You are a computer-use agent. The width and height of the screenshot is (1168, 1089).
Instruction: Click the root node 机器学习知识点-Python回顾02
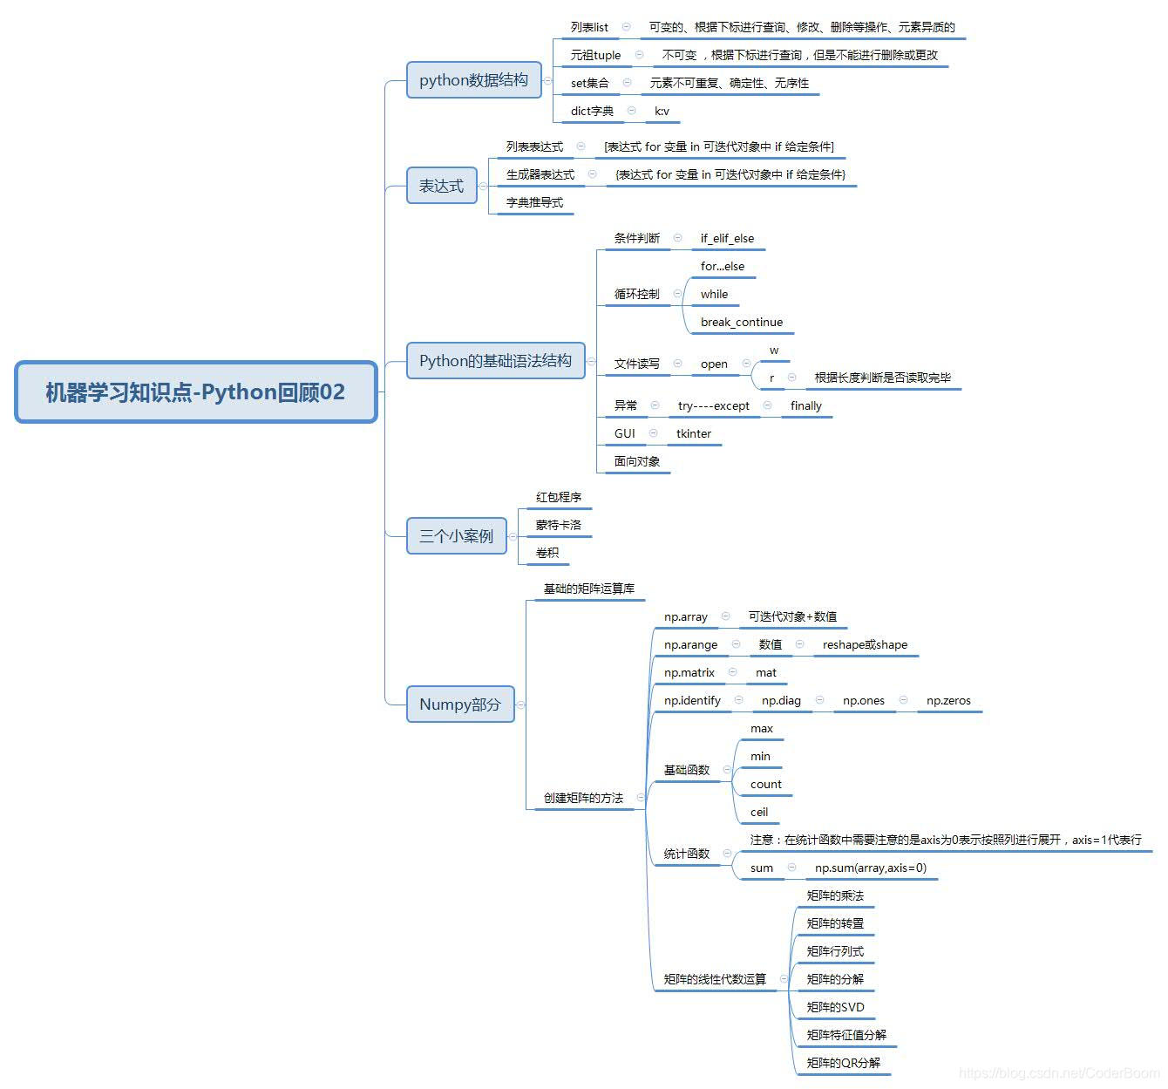tap(196, 392)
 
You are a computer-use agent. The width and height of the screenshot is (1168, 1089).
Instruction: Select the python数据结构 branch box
tap(473, 80)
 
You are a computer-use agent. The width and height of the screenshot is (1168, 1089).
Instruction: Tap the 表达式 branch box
tap(442, 186)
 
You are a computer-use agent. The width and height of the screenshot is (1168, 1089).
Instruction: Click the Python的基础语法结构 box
tap(495, 361)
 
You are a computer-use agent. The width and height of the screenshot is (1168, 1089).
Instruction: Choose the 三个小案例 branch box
tap(456, 535)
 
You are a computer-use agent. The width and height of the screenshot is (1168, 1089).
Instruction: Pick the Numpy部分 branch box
tap(460, 704)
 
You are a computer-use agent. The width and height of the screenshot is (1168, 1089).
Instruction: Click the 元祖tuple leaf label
tap(596, 55)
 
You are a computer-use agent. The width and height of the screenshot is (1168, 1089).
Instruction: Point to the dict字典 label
tap(592, 111)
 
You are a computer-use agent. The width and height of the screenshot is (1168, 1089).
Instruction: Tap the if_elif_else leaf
tap(727, 238)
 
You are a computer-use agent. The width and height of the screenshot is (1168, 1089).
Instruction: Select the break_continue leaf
tap(742, 322)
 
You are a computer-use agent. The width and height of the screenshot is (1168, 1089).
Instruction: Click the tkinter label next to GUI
tap(694, 433)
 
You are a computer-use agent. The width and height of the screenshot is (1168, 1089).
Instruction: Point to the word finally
tap(806, 405)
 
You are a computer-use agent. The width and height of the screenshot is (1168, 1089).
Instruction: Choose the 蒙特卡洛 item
tap(559, 525)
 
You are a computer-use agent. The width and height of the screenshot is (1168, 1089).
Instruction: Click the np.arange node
tap(691, 644)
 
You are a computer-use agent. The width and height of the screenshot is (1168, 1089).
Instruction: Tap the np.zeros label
tap(948, 700)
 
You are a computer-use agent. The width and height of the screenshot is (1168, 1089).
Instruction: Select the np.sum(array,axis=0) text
tap(871, 868)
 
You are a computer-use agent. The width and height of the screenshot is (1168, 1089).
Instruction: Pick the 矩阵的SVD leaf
tap(836, 1007)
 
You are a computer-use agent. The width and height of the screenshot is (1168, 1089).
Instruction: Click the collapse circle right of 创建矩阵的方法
tap(641, 798)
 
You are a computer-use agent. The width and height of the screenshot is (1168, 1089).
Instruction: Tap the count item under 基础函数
tap(766, 784)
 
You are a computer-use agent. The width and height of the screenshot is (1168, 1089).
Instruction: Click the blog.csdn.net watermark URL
tap(1058, 1073)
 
